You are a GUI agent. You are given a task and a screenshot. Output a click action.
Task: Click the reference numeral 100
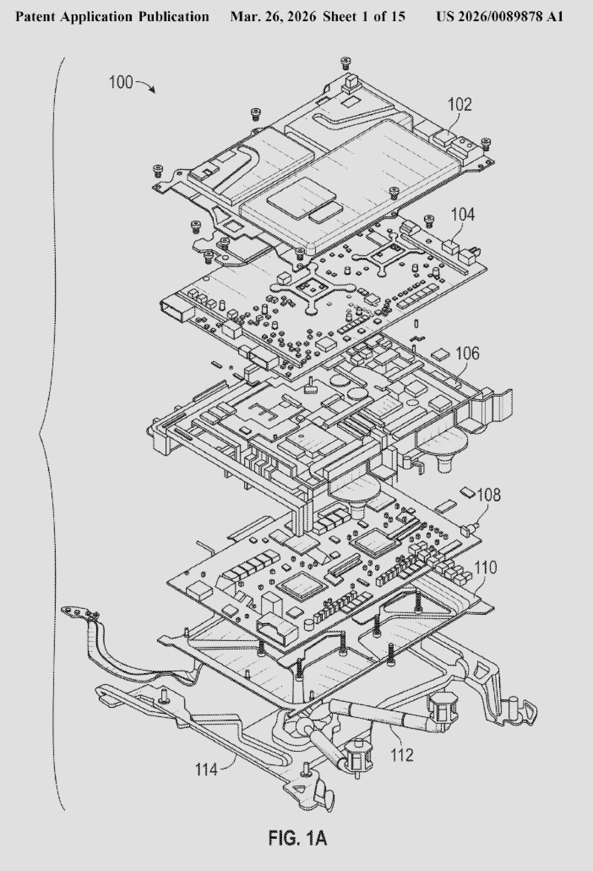(121, 82)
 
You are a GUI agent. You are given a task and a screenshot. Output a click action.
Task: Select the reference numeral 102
(460, 104)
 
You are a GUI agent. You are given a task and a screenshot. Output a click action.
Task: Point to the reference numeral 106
(467, 353)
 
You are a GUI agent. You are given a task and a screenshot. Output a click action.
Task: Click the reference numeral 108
(488, 495)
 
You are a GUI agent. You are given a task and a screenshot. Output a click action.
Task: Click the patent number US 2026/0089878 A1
(499, 17)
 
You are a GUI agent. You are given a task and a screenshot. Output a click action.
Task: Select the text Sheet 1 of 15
(364, 17)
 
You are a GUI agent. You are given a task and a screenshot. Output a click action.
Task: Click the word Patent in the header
(36, 17)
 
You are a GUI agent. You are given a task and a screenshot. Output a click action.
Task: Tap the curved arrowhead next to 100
(152, 91)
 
